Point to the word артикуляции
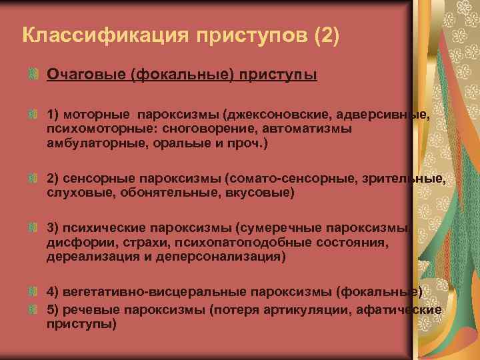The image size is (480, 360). click(324, 309)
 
